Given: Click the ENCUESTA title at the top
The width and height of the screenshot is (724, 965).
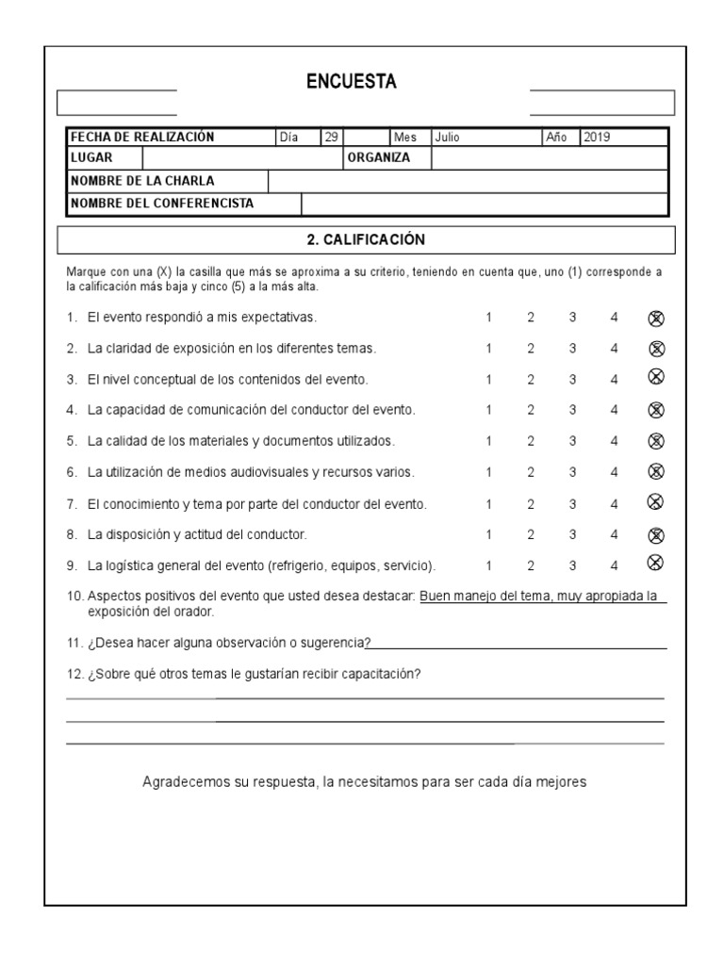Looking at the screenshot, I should coord(352,83).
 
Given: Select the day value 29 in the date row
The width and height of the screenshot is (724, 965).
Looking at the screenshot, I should coord(331,137).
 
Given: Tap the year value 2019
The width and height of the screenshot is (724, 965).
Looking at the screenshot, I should coord(597,137).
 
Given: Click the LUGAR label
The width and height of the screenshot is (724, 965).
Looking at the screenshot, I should coord(91,157).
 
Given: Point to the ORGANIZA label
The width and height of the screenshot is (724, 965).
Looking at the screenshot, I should coord(379,157).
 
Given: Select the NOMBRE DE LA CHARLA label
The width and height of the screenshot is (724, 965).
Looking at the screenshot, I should coord(142,181).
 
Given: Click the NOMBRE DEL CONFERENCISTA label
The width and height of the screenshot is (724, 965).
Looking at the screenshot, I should coord(162,203).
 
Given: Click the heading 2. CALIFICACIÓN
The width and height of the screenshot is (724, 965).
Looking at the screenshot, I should coord(367,240).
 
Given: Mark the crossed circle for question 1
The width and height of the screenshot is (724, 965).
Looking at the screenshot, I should coord(656,319).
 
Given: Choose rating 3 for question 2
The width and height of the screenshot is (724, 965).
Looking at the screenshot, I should coord(572,349).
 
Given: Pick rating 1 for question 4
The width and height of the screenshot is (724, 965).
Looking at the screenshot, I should coord(488,410).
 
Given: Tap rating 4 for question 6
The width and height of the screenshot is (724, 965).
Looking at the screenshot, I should coord(614,472).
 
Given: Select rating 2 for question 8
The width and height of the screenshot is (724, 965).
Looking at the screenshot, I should coord(531,534).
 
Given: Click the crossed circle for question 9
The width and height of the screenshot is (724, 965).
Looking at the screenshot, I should coord(656,564).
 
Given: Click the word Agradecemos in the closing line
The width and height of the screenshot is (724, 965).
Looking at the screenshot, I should coord(185,782).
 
